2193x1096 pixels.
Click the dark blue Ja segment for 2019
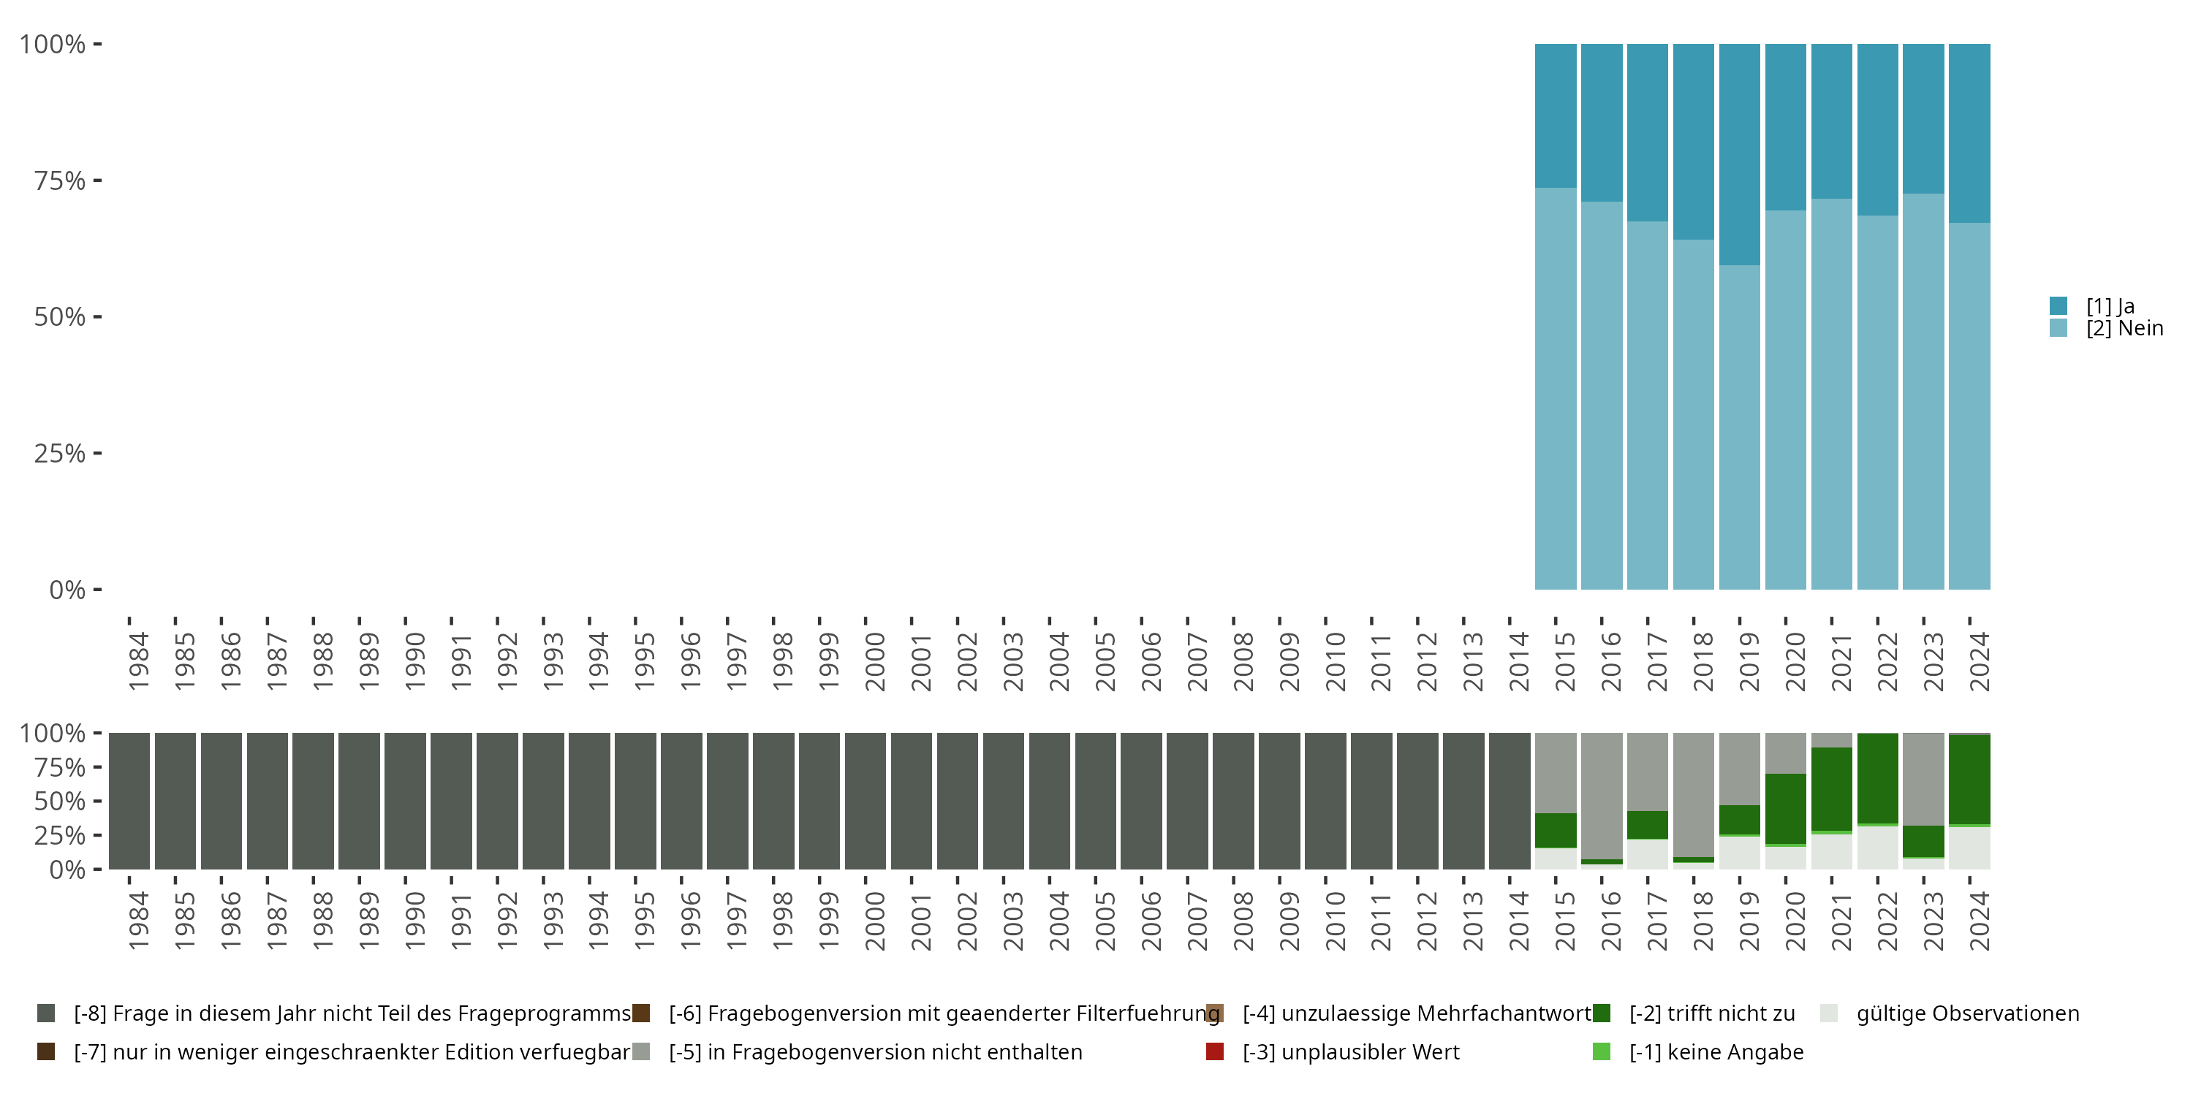click(x=1739, y=153)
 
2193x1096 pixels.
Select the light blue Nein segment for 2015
click(x=1556, y=388)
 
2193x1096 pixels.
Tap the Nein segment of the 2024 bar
click(x=1969, y=406)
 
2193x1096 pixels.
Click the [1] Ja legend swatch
click(x=2058, y=305)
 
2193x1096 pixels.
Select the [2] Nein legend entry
click(x=2124, y=329)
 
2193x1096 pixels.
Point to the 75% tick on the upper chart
click(x=60, y=180)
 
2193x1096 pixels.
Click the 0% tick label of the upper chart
click(x=67, y=590)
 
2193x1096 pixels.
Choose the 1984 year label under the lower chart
click(x=139, y=921)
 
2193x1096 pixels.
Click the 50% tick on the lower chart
click(x=60, y=802)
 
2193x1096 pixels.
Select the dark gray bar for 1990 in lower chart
click(x=405, y=801)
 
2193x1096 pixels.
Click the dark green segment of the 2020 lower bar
click(x=1785, y=808)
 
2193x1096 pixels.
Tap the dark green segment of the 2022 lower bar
click(x=1877, y=777)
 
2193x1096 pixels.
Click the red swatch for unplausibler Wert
click(x=1215, y=1051)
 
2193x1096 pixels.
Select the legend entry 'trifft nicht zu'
click(x=1711, y=1013)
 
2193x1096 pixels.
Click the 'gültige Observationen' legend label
click(x=1967, y=1013)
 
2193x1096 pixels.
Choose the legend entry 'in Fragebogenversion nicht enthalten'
click(x=875, y=1051)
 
